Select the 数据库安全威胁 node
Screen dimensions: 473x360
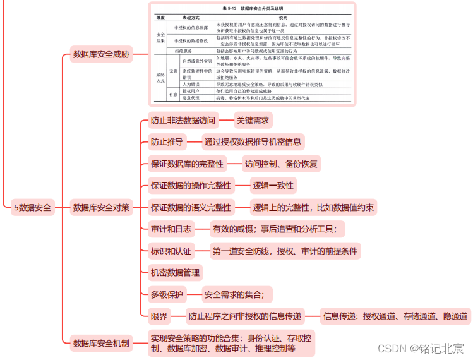tap(101, 54)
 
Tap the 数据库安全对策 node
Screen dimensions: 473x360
tap(101, 207)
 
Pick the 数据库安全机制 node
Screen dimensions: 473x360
tap(101, 343)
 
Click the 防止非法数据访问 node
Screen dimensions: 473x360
tap(183, 119)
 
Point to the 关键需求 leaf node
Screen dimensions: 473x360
tap(253, 119)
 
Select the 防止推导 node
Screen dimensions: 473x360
tap(167, 141)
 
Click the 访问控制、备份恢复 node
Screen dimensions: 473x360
tap(282, 164)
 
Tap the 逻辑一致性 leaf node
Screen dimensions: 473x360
tap(273, 185)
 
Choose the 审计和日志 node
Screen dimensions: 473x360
tap(171, 229)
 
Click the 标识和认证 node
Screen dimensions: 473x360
tap(171, 251)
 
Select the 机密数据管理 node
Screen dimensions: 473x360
tap(175, 273)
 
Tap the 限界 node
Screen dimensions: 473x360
tap(159, 316)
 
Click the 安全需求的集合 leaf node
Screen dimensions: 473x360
tap(237, 294)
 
